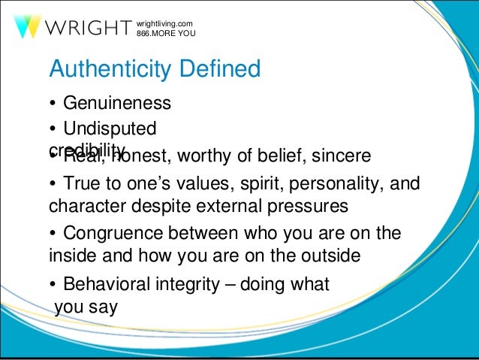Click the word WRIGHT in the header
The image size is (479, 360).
point(87,29)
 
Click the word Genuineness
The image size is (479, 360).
point(117,102)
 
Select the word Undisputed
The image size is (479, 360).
point(110,129)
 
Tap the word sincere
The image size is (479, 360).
point(341,157)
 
